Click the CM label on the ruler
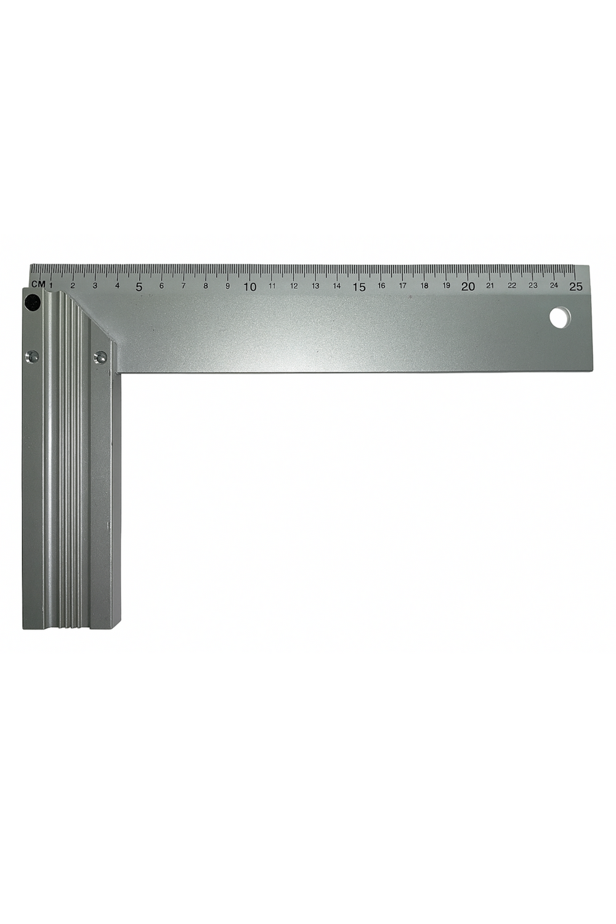click(38, 284)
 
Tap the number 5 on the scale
click(139, 287)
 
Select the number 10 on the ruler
click(250, 287)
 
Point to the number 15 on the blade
click(359, 287)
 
